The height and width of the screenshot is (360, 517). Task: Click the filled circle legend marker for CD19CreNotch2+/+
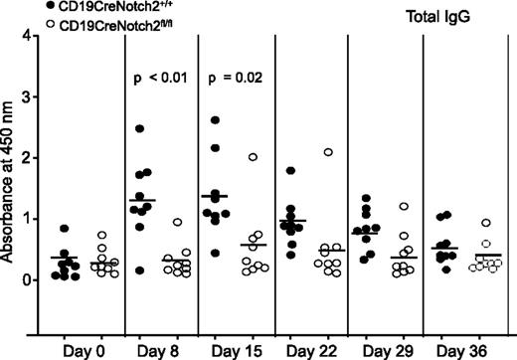click(x=9, y=7)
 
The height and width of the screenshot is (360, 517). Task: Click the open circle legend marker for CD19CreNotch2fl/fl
click(x=9, y=24)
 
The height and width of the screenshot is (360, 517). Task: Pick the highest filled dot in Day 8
click(x=140, y=128)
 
